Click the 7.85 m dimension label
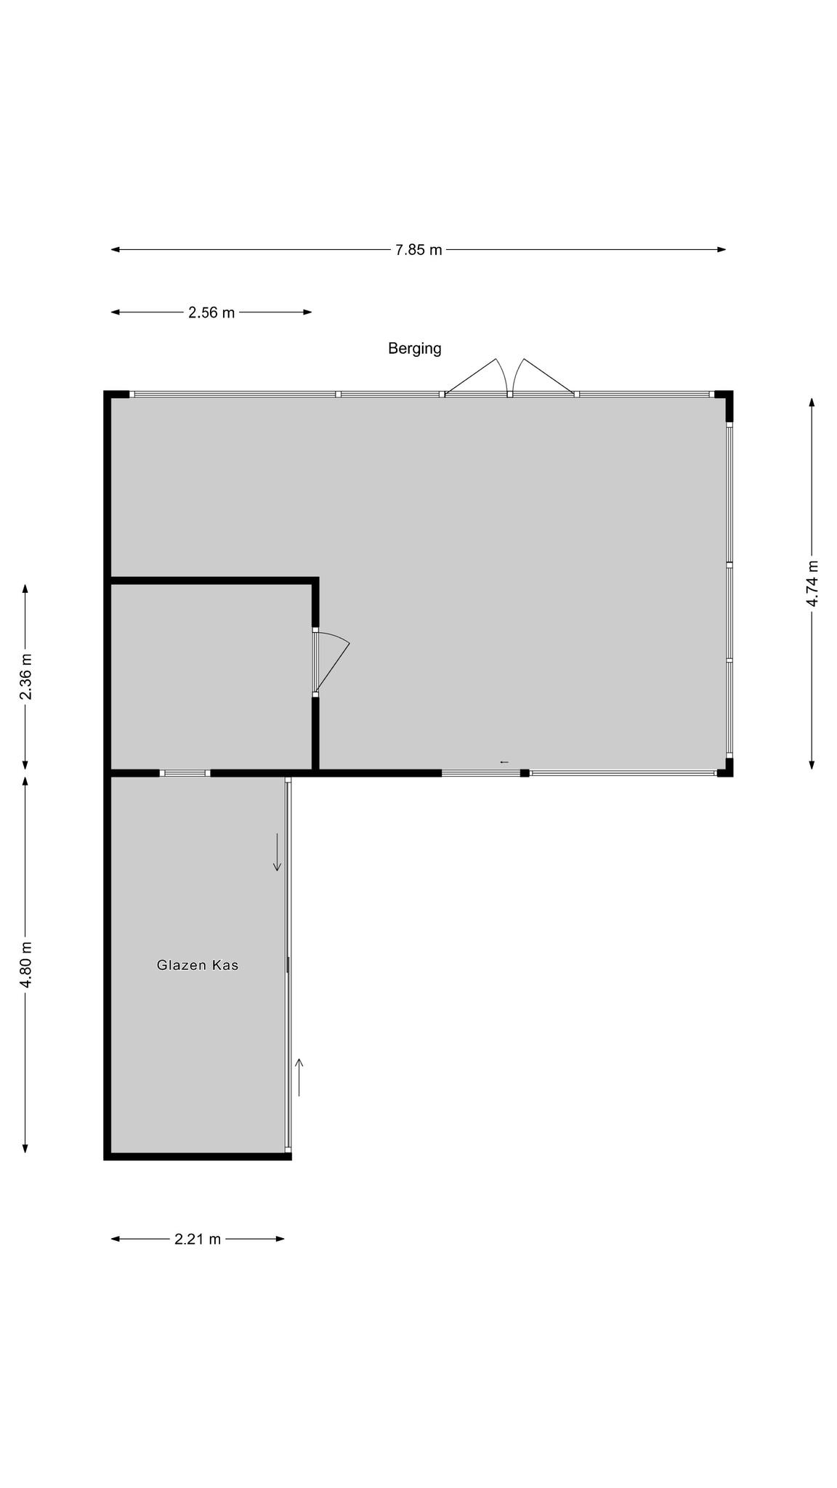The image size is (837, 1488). point(418,250)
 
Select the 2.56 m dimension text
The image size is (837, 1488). point(211,312)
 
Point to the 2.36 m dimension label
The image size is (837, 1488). point(25,676)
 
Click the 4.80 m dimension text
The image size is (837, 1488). point(25,964)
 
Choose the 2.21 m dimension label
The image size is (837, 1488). point(198,1239)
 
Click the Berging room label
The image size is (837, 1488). point(414,349)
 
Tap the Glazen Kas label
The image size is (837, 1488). point(198,966)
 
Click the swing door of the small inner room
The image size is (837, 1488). point(332,661)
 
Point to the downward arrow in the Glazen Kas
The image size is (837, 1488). point(277,852)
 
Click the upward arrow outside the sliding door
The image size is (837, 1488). point(299,1077)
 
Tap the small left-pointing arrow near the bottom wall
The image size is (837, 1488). point(504,762)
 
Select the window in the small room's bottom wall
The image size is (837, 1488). point(185,773)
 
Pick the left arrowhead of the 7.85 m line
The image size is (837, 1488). point(115,250)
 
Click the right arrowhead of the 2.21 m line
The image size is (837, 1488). point(280,1239)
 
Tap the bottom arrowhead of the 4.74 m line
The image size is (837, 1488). point(812,764)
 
